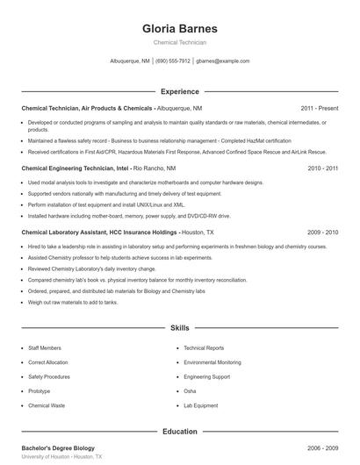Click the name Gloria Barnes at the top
coord(180,29)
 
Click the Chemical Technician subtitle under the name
coord(180,43)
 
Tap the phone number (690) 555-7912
coord(173,61)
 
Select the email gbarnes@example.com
coord(223,61)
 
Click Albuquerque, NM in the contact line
coord(130,61)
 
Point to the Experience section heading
coord(180,91)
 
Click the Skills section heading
coord(180,327)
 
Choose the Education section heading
coord(180,432)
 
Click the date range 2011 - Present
coord(319,107)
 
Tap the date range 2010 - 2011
coord(322,168)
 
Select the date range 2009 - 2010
coord(322,232)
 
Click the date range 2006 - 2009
coord(322,447)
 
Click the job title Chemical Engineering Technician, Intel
coord(74,168)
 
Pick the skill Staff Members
coord(45,348)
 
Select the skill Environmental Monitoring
coord(212,362)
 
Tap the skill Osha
coord(190,391)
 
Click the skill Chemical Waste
coord(46,406)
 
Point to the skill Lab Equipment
coord(201,406)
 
